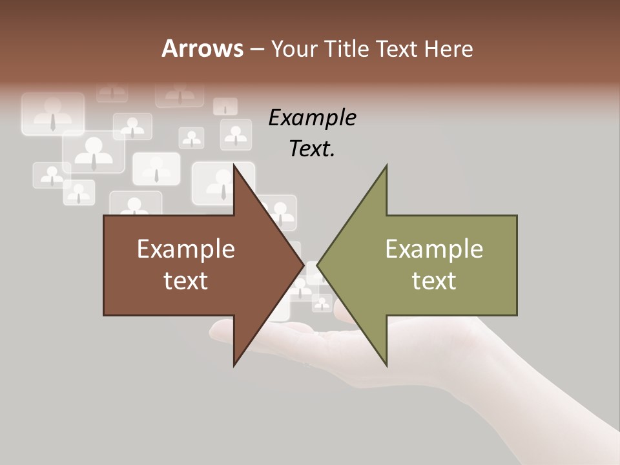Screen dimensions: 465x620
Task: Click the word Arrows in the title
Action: (202, 48)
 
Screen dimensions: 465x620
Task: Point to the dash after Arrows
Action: (256, 50)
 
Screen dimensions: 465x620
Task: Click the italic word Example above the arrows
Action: (312, 118)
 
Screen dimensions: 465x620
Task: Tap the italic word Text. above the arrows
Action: (312, 149)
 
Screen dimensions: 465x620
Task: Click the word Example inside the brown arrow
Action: (186, 249)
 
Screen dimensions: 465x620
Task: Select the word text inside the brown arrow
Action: (186, 280)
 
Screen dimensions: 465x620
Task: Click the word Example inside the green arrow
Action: (434, 249)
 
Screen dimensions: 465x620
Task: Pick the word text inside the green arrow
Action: (434, 280)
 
